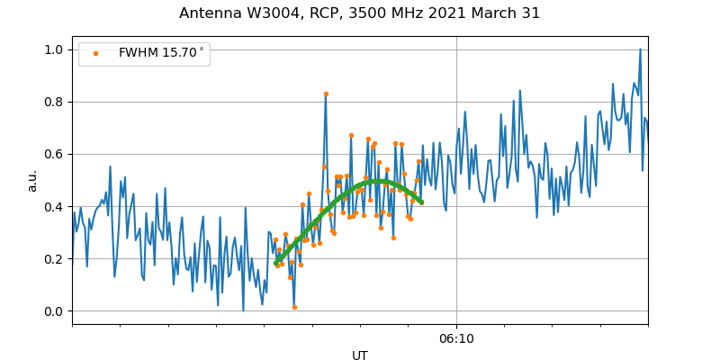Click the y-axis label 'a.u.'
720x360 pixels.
pos(33,180)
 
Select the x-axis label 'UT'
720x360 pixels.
pos(360,355)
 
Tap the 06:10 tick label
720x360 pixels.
pos(456,339)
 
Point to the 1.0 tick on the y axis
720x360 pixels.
pos(55,49)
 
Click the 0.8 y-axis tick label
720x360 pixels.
pos(55,102)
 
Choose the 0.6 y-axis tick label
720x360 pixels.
pos(55,154)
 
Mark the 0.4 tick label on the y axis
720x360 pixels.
pos(55,206)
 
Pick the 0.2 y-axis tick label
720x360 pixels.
pos(55,259)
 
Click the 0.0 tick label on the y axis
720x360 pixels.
pos(55,311)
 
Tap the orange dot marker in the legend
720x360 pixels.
pos(96,53)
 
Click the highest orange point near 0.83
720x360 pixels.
pos(326,94)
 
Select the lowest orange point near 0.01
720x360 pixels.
pos(294,307)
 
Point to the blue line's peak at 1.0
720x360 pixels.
pos(640,49)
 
